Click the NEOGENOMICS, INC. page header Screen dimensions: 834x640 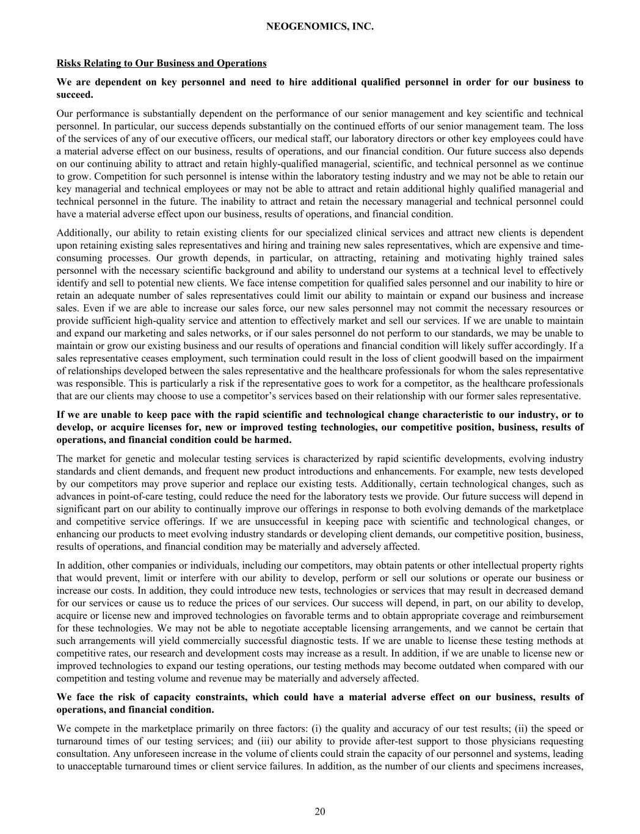(320, 27)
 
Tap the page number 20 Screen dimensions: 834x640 (320, 811)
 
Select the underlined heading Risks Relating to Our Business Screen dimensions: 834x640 (161, 63)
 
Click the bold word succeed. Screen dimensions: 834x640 (74, 95)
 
